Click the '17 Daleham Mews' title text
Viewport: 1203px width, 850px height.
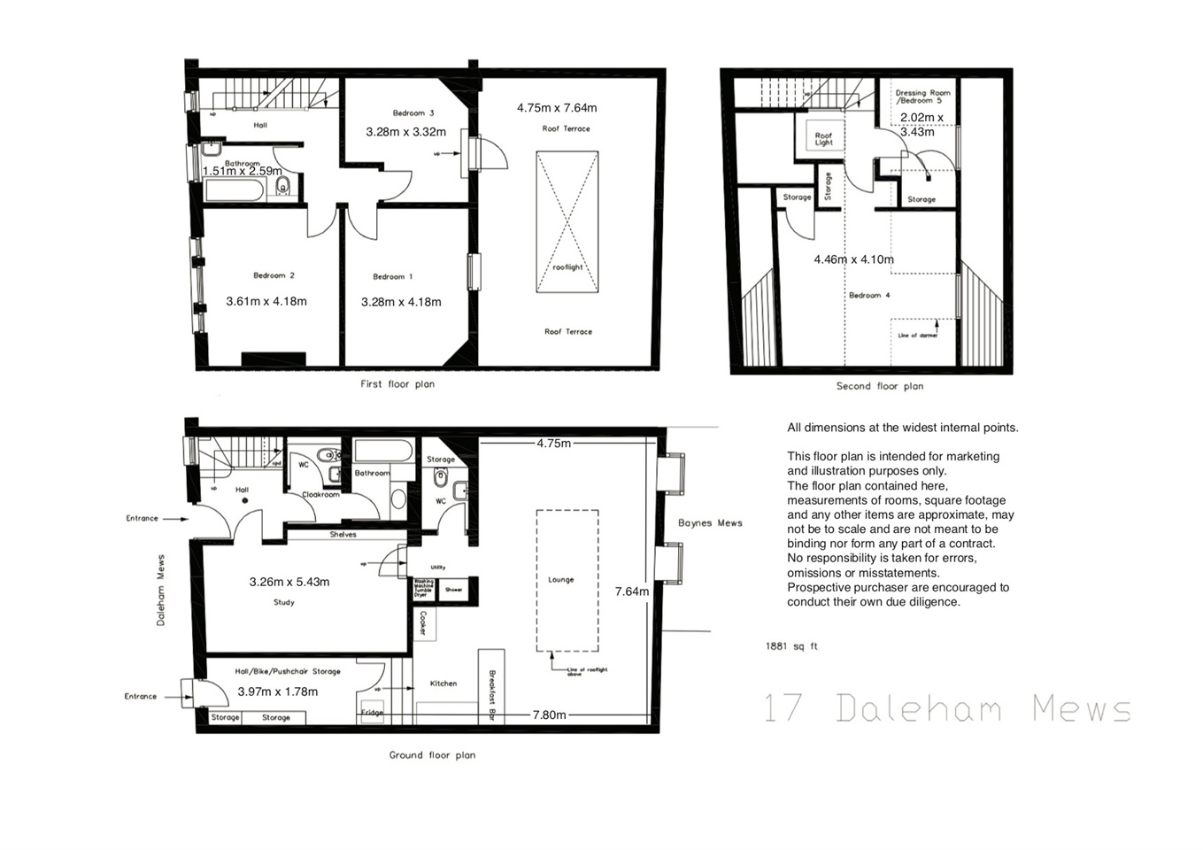point(947,708)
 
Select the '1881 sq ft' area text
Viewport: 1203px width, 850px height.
point(791,646)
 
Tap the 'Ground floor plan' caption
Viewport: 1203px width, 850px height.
point(432,755)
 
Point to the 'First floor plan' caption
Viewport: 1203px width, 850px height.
point(397,384)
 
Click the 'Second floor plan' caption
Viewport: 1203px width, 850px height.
point(879,386)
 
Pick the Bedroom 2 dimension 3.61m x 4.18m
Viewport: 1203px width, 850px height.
point(266,301)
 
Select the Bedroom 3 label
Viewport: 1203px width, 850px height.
point(413,113)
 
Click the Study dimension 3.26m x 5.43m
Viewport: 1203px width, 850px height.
point(289,582)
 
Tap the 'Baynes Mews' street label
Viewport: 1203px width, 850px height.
point(710,523)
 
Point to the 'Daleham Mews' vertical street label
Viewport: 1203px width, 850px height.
point(161,591)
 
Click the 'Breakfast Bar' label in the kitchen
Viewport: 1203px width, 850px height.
point(492,695)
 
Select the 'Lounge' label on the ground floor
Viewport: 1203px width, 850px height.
point(560,580)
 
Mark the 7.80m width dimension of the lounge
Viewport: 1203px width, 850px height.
point(549,715)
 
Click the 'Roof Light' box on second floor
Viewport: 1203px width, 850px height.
point(823,139)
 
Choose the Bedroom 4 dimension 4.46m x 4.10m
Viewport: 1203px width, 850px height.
point(853,259)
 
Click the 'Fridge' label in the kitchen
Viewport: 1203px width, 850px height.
point(372,713)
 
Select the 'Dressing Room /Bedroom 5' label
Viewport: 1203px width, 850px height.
point(922,97)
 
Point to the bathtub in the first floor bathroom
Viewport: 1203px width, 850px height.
point(234,189)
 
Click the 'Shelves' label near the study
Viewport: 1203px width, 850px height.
point(343,535)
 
